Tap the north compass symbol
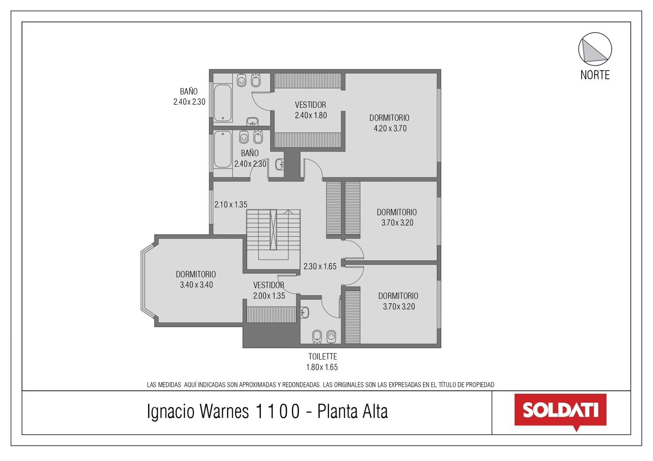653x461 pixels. click(595, 49)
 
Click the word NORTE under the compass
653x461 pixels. click(595, 75)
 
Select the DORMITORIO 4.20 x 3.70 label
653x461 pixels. click(389, 123)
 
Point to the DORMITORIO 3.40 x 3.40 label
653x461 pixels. click(196, 279)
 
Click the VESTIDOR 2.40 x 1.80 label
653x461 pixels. click(311, 110)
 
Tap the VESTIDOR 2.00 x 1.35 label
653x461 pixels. click(269, 290)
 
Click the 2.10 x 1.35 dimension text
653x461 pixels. click(231, 204)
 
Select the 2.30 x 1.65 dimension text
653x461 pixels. click(320, 266)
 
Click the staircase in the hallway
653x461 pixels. click(273, 235)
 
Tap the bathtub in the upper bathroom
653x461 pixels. click(223, 103)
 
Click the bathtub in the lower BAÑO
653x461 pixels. click(223, 149)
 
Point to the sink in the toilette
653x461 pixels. click(304, 313)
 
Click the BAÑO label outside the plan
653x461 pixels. click(189, 96)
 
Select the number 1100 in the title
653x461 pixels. click(277, 412)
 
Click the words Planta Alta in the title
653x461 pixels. click(353, 412)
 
